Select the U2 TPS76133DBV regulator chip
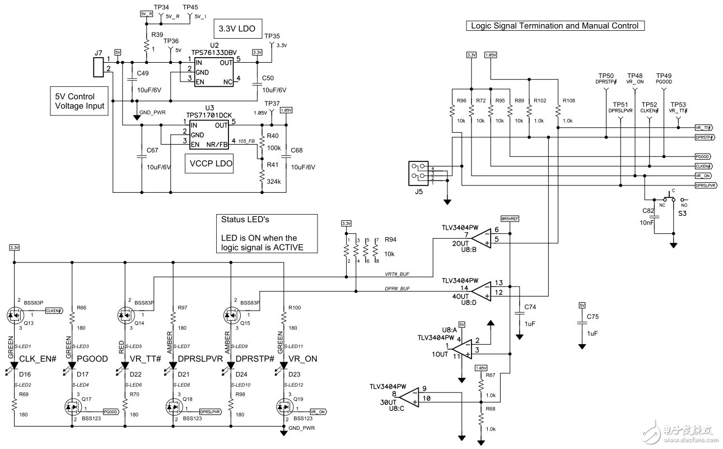(x=214, y=71)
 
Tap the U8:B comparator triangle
(x=480, y=238)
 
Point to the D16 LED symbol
(x=14, y=365)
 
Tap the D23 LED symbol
(x=283, y=365)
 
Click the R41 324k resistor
(x=262, y=177)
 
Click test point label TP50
(x=605, y=76)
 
